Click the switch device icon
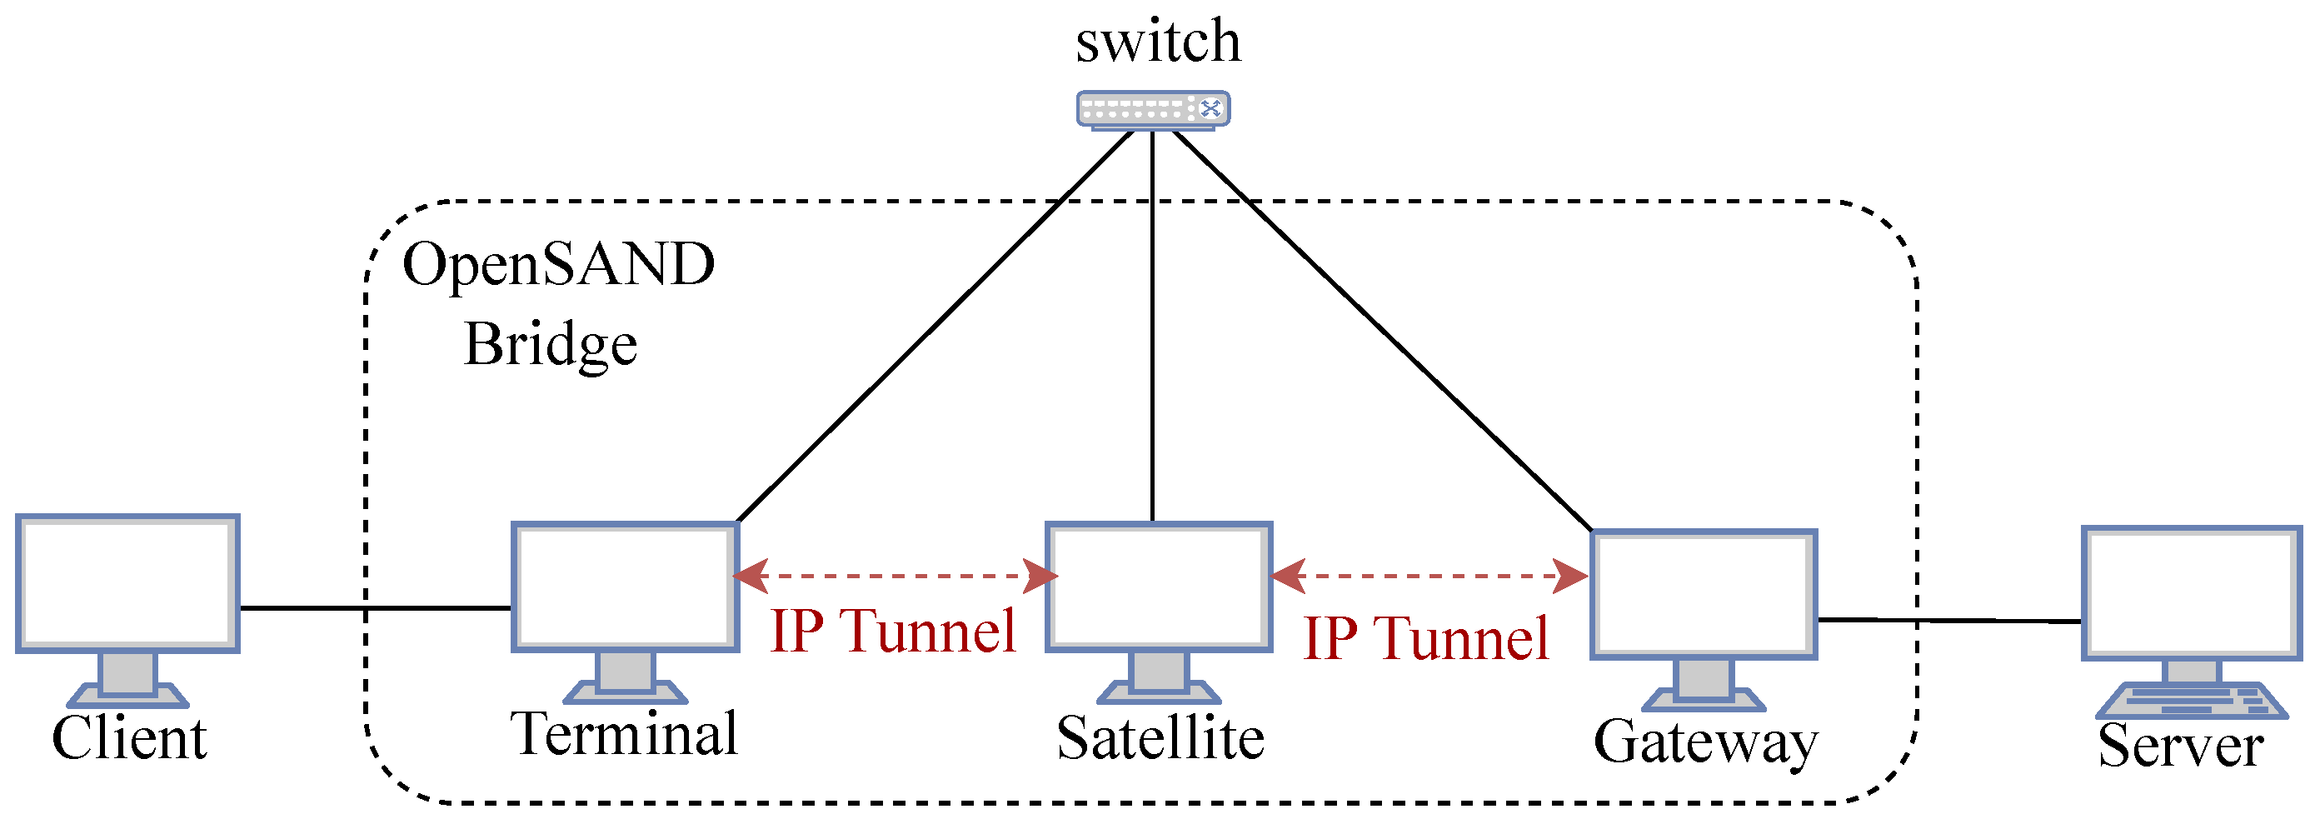(x=1153, y=110)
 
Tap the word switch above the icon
(x=1159, y=42)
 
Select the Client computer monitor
(x=127, y=583)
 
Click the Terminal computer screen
(x=626, y=587)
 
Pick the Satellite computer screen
(x=1160, y=587)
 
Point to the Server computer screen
(x=2191, y=593)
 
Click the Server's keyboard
(x=2191, y=701)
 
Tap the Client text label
(x=129, y=739)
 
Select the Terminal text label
(x=625, y=734)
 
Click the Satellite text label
(x=1160, y=739)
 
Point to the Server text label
(x=2180, y=746)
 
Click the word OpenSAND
(x=558, y=265)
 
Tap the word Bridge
(x=550, y=345)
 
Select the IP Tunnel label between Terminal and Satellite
(x=893, y=631)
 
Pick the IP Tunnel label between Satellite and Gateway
(x=1426, y=639)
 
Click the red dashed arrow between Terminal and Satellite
(x=895, y=575)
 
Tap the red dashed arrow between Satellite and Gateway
(x=1429, y=576)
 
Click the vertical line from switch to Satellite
(x=1152, y=323)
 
